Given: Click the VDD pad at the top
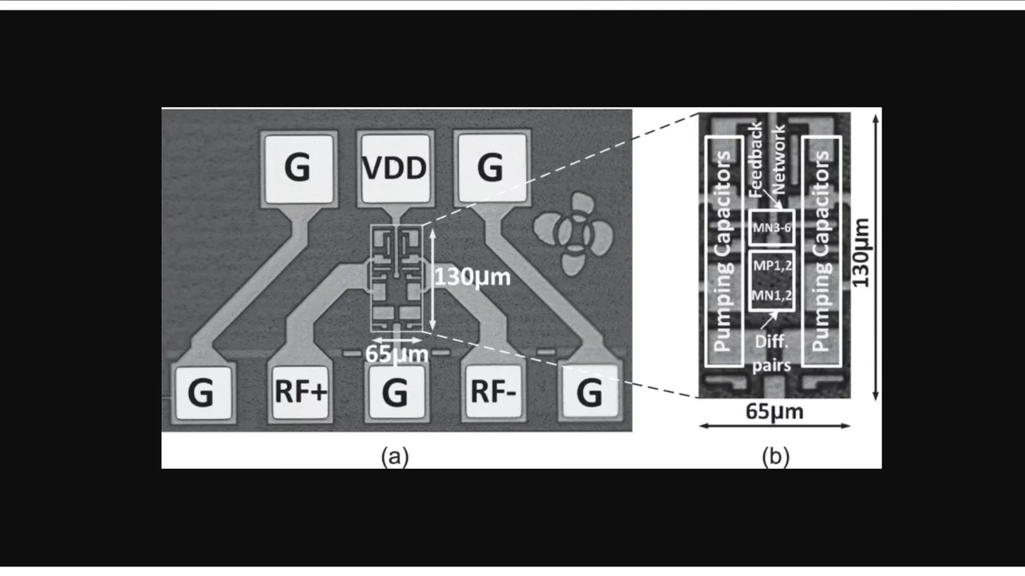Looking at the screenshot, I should pyautogui.click(x=394, y=169).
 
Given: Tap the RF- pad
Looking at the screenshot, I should pyautogui.click(x=491, y=392).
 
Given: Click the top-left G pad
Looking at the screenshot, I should pyautogui.click(x=297, y=169).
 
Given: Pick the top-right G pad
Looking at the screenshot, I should pyautogui.click(x=490, y=169).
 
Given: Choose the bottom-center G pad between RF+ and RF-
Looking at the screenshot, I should pyautogui.click(x=395, y=393).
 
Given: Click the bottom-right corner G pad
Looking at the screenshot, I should pyautogui.click(x=589, y=392).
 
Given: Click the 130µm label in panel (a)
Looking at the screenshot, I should pyautogui.click(x=472, y=278).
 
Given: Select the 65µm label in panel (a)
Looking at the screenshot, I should pyautogui.click(x=396, y=352).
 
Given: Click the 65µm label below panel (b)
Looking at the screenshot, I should pyautogui.click(x=774, y=412).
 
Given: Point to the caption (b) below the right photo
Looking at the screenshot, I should pyautogui.click(x=775, y=456).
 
